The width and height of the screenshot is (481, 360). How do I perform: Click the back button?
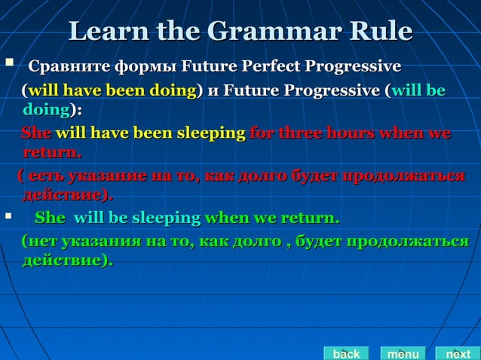pyautogui.click(x=346, y=353)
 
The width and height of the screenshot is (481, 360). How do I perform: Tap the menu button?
pyautogui.click(x=403, y=353)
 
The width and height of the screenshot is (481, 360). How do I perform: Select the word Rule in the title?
pyautogui.click(x=378, y=31)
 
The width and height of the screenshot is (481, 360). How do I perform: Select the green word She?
pyautogui.click(x=51, y=219)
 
